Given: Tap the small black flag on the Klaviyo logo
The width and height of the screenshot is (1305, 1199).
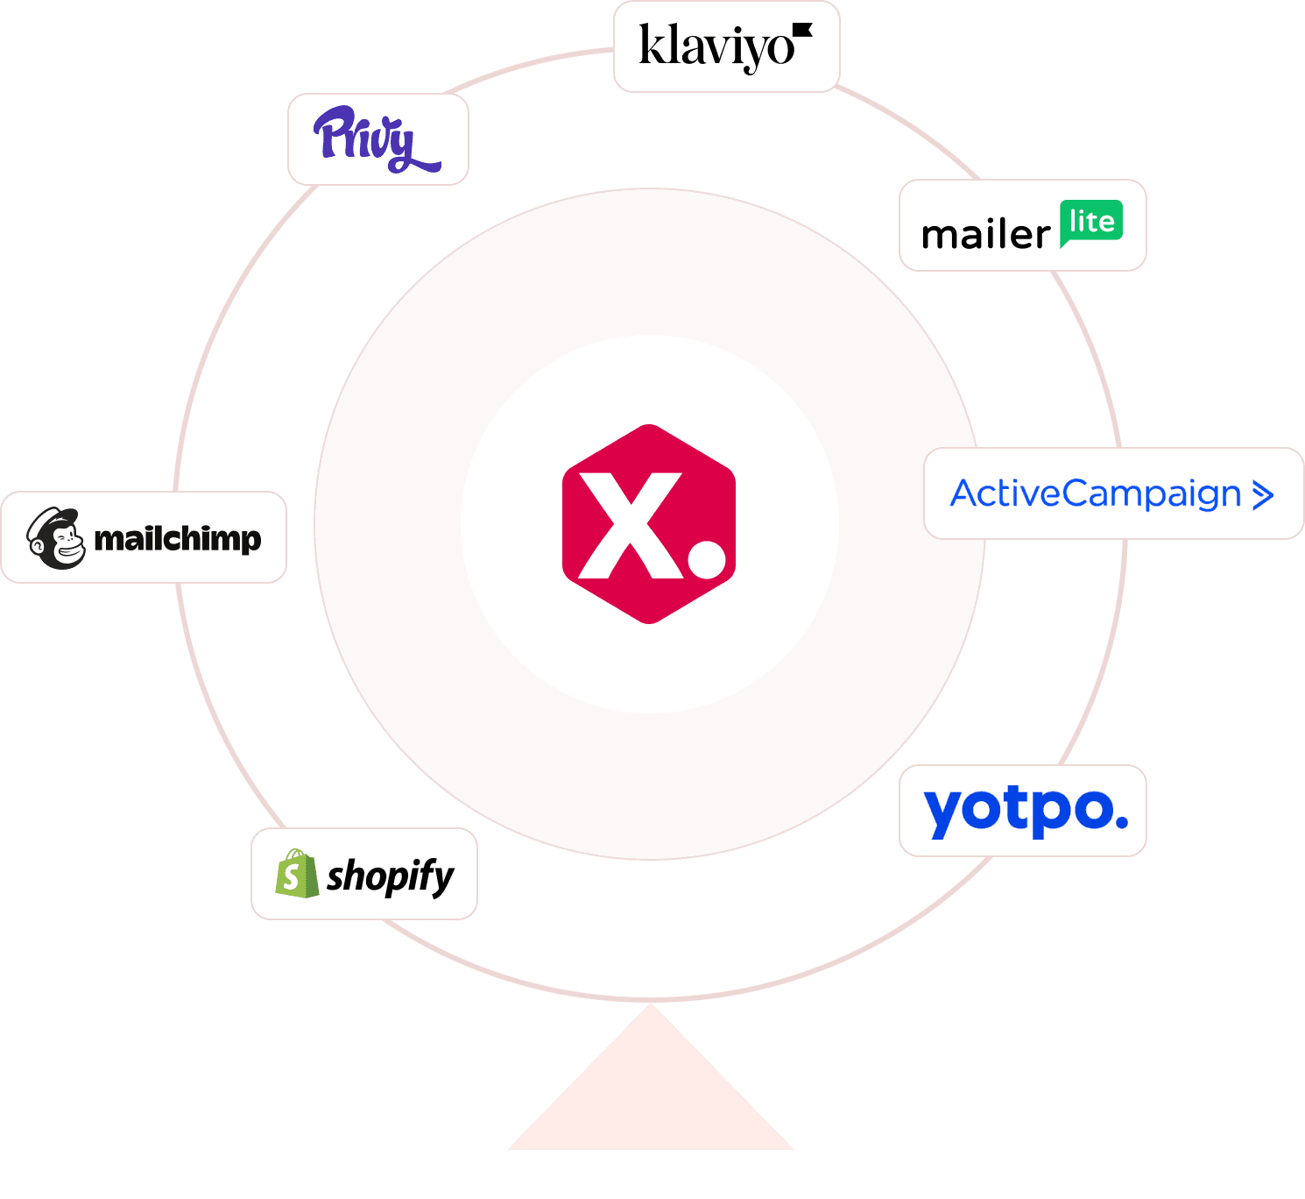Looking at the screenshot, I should click(x=802, y=32).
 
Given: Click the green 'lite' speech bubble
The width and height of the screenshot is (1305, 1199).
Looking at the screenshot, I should click(x=1091, y=223).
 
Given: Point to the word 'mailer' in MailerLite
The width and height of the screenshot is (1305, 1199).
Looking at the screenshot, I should click(x=985, y=235).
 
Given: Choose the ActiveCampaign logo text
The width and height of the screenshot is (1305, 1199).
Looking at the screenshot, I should click(x=1096, y=493).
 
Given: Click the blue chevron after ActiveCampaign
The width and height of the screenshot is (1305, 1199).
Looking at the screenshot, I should click(x=1262, y=495).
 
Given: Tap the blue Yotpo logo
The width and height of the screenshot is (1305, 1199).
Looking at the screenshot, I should click(x=1025, y=811).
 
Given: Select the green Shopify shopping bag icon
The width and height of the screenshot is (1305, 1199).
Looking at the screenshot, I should click(x=296, y=874).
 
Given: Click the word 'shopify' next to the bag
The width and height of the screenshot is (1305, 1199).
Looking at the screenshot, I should click(x=391, y=876).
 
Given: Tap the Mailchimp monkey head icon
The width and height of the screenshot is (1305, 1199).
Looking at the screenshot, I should click(x=56, y=538).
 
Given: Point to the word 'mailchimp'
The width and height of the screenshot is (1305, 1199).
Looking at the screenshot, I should click(x=178, y=538).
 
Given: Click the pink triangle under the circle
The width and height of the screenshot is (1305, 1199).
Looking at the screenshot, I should click(x=651, y=1096).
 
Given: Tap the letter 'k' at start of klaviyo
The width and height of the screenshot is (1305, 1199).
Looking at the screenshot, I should click(x=649, y=46).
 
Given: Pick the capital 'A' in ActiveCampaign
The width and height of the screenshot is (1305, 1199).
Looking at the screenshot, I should click(x=965, y=493).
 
